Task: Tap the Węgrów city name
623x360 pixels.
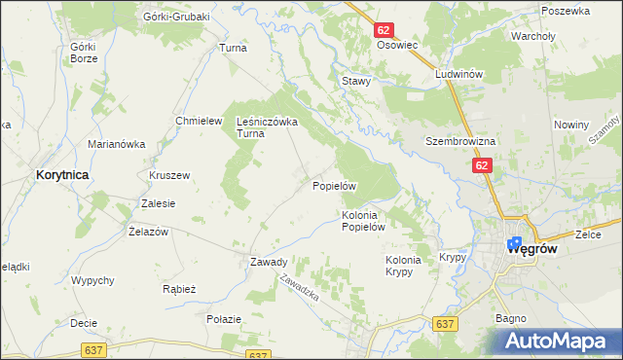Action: [x=532, y=248]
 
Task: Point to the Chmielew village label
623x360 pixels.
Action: [x=194, y=121]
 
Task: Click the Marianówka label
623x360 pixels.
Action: [x=116, y=144]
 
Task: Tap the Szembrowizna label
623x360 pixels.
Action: [x=460, y=141]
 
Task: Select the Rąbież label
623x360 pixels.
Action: [x=180, y=289]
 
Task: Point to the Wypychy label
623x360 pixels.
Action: [x=93, y=280]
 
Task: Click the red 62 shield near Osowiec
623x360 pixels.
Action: [x=384, y=31]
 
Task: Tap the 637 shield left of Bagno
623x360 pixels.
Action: [x=447, y=324]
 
